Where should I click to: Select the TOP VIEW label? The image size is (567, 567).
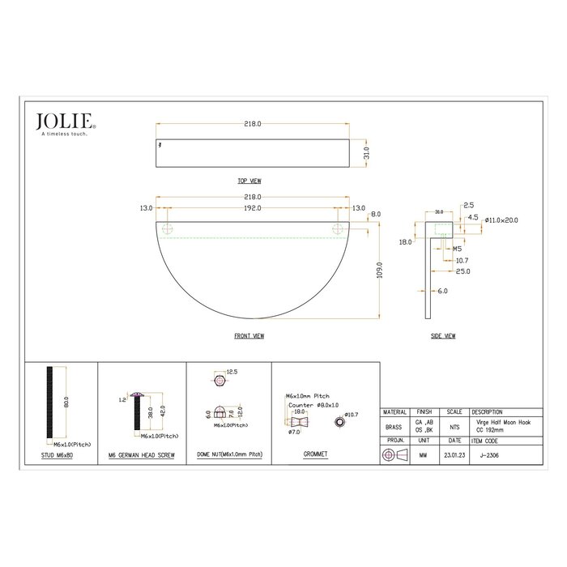pos(249,181)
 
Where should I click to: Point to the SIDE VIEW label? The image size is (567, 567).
pos(443,335)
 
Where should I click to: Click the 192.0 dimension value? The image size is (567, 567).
pos(252,208)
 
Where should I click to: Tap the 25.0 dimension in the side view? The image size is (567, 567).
pos(463,271)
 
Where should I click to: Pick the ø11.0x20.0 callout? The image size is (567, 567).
pos(501,220)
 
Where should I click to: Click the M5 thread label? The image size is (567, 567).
pos(457,249)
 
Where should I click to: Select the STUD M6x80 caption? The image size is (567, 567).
pos(62,455)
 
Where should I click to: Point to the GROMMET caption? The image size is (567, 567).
pos(315,455)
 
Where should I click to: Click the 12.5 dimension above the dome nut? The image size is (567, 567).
pos(232,371)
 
